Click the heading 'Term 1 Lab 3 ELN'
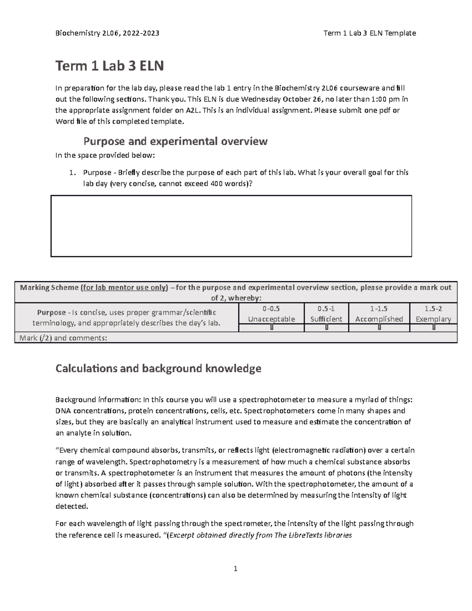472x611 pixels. tap(109, 66)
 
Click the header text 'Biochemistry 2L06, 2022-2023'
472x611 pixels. tap(107, 33)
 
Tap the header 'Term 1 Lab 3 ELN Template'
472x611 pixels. tap(369, 33)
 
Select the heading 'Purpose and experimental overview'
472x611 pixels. tap(175, 141)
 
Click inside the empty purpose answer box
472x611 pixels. tap(231, 226)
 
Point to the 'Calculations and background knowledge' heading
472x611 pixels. tap(158, 368)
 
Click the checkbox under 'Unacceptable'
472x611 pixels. tap(271, 328)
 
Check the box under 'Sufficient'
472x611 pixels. tap(326, 328)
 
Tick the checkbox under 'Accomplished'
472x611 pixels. tap(379, 328)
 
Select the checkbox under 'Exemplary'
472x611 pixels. tap(433, 328)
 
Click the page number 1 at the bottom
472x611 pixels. tap(235, 569)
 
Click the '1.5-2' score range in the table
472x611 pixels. tap(433, 309)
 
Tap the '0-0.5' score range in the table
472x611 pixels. tap(271, 309)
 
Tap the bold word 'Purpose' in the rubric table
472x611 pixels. tap(51, 313)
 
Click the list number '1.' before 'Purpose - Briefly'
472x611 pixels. tap(72, 173)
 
